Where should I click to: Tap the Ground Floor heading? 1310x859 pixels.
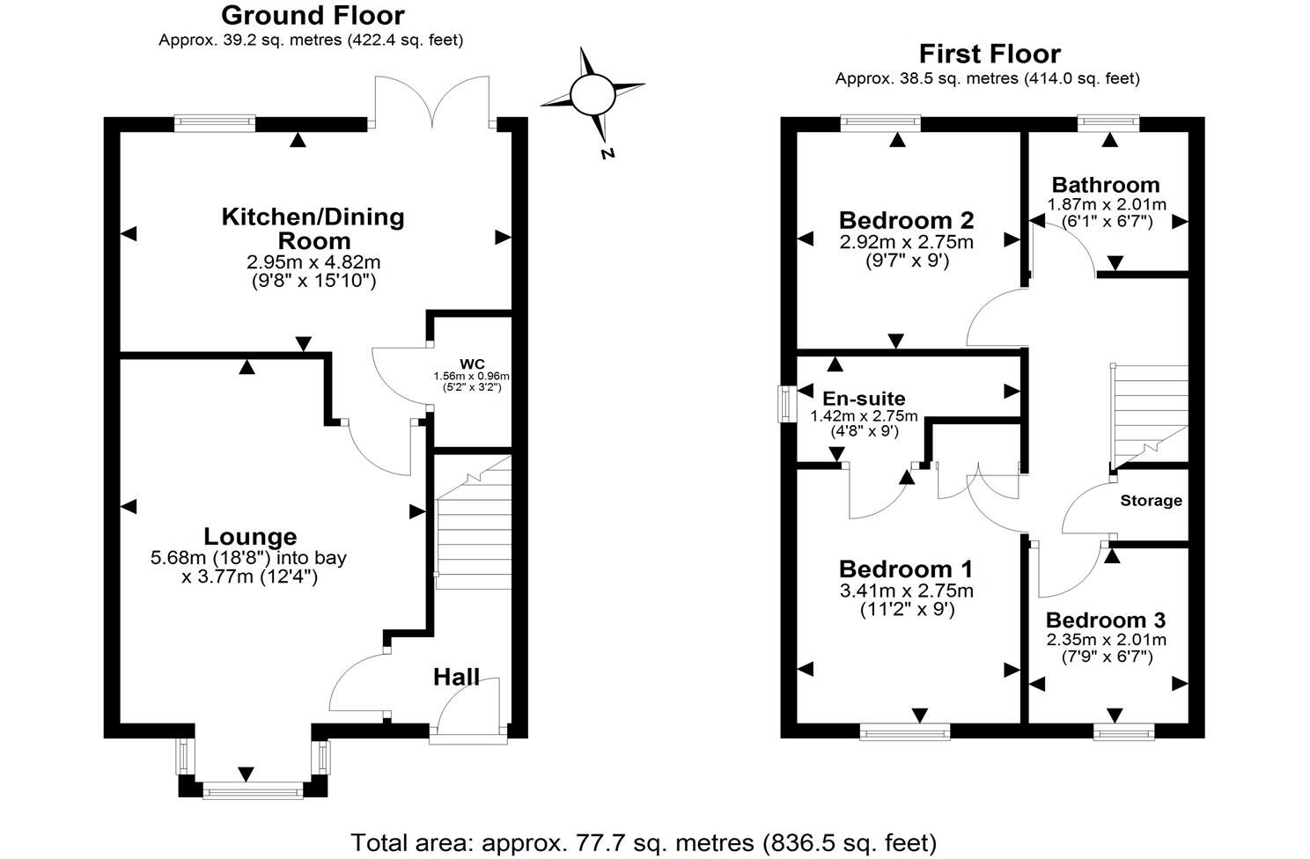312,15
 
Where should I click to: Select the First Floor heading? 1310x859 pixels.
990,54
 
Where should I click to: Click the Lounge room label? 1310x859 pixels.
250,536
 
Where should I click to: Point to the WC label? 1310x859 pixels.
472,364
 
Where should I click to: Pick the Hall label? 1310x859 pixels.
456,677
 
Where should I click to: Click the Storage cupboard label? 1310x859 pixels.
1151,501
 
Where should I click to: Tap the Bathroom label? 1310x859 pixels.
1106,185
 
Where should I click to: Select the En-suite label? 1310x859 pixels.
864,399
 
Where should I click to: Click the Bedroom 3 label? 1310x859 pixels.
1106,620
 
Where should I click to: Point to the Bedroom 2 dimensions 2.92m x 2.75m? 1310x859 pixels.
906,242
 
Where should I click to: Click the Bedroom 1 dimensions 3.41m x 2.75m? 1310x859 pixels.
906,591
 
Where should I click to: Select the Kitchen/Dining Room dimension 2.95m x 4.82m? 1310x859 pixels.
313,262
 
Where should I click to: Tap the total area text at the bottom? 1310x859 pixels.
644,842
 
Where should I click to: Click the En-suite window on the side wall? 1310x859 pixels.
784,404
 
